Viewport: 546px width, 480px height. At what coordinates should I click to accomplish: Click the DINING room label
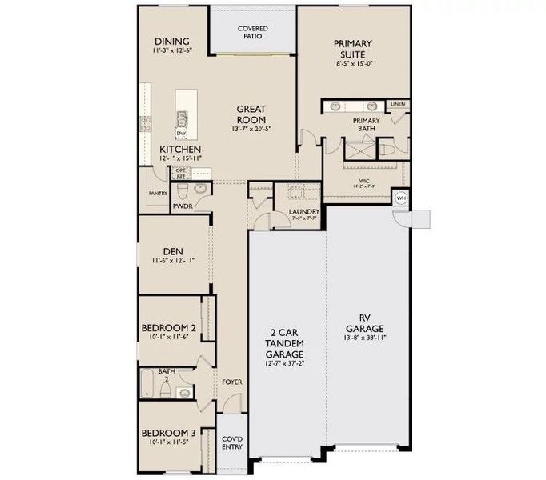pyautogui.click(x=172, y=42)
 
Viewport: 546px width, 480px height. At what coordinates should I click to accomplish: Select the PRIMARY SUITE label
pyautogui.click(x=353, y=50)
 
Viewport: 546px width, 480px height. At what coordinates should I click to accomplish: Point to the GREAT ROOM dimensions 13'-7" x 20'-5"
pyautogui.click(x=251, y=128)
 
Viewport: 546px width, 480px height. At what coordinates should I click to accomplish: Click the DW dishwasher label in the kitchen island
pyautogui.click(x=181, y=134)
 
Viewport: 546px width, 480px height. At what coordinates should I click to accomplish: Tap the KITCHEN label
pyautogui.click(x=180, y=150)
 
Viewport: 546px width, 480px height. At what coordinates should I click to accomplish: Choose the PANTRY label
pyautogui.click(x=157, y=194)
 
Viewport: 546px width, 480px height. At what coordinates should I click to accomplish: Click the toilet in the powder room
pyautogui.click(x=182, y=190)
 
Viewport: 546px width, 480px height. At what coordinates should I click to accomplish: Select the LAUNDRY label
pyautogui.click(x=303, y=212)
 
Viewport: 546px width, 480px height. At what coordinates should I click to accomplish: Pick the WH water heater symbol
pyautogui.click(x=400, y=198)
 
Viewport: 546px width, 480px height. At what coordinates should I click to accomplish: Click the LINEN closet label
pyautogui.click(x=398, y=104)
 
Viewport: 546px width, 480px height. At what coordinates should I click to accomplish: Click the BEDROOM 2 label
pyautogui.click(x=168, y=328)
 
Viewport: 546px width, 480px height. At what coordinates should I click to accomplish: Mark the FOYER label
pyautogui.click(x=231, y=382)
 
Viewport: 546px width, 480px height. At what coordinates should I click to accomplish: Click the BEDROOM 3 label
pyautogui.click(x=168, y=432)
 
